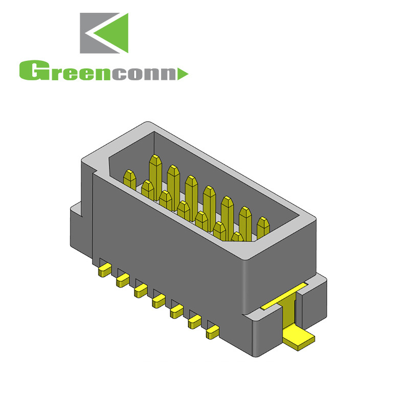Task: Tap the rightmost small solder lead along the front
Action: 211,334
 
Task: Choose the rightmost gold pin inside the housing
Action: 263,228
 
